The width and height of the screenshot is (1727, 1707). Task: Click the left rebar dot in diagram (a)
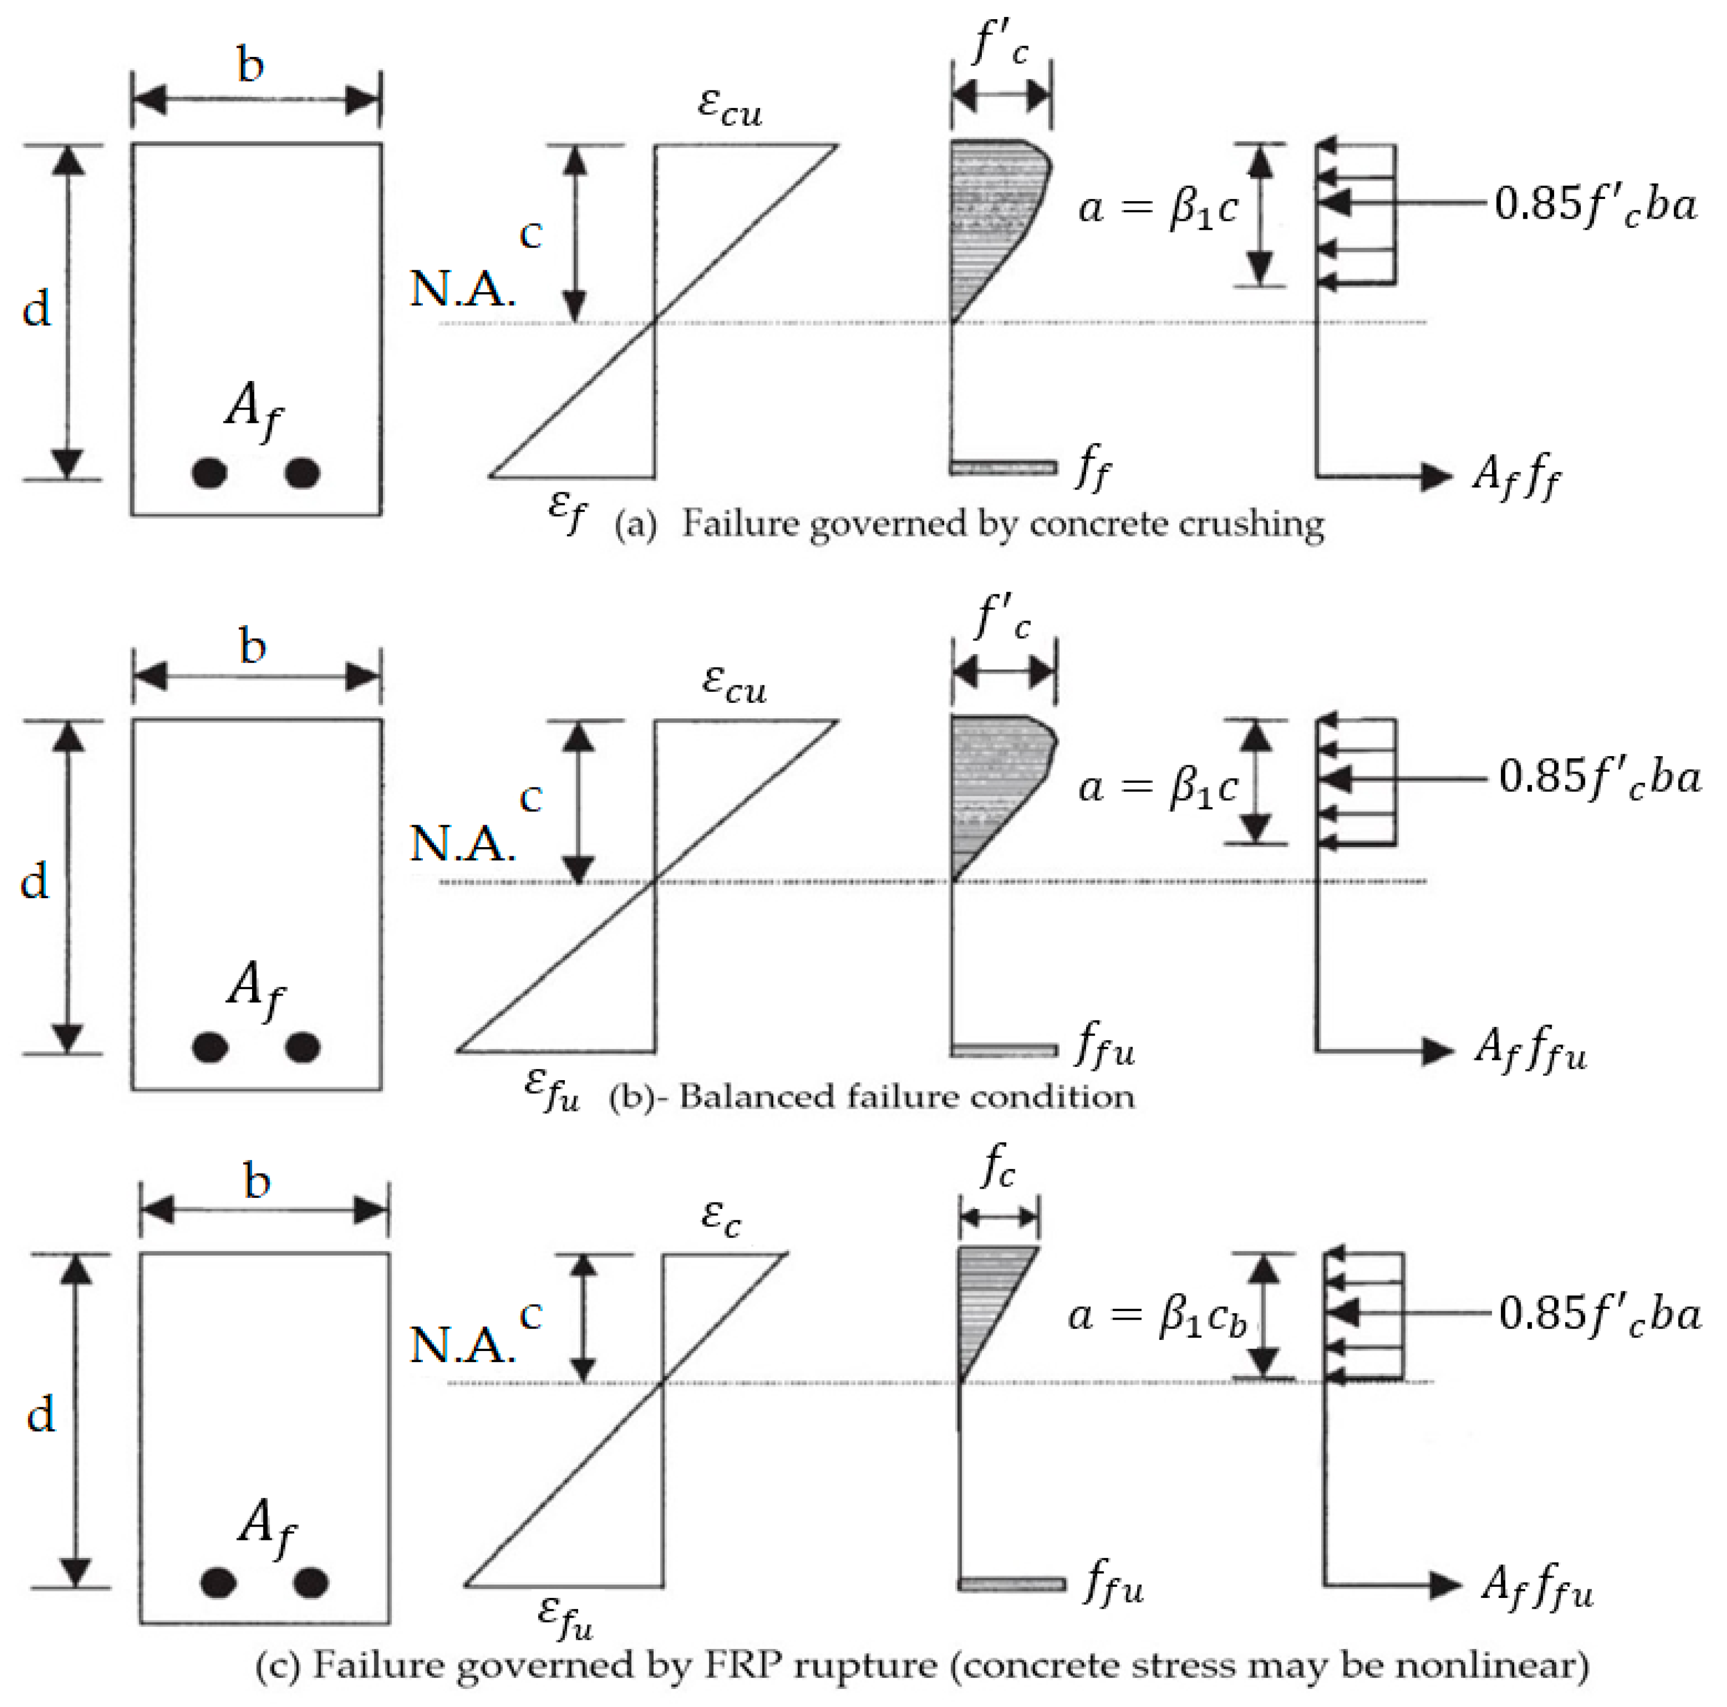[x=209, y=472]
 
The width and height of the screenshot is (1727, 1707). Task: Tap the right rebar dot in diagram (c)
[x=311, y=1582]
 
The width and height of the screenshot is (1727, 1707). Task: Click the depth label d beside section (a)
[x=37, y=309]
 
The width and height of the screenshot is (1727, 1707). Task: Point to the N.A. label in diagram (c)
[x=462, y=1344]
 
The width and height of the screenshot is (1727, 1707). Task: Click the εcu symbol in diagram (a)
[x=729, y=107]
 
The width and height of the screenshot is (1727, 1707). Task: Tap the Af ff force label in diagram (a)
[x=1517, y=476]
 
